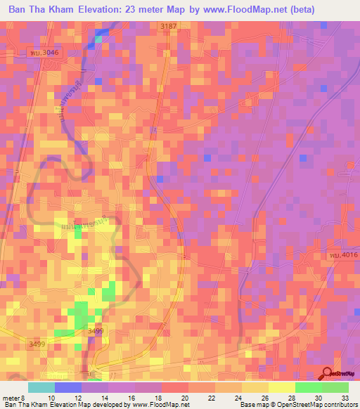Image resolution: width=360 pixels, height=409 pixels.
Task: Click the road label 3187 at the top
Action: coord(169,26)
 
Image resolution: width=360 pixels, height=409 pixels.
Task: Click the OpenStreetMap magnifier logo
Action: coord(328,375)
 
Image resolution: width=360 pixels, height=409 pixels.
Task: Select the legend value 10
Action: coord(51,397)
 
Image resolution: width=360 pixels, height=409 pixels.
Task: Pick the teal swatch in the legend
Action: coord(41,387)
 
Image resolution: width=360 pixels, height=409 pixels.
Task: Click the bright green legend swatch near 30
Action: coord(308,387)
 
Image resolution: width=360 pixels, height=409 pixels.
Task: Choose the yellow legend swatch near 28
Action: coord(281,387)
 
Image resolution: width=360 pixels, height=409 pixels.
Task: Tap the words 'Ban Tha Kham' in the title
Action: coord(41,9)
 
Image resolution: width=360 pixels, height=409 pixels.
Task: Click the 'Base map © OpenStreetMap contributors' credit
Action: coord(298,405)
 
